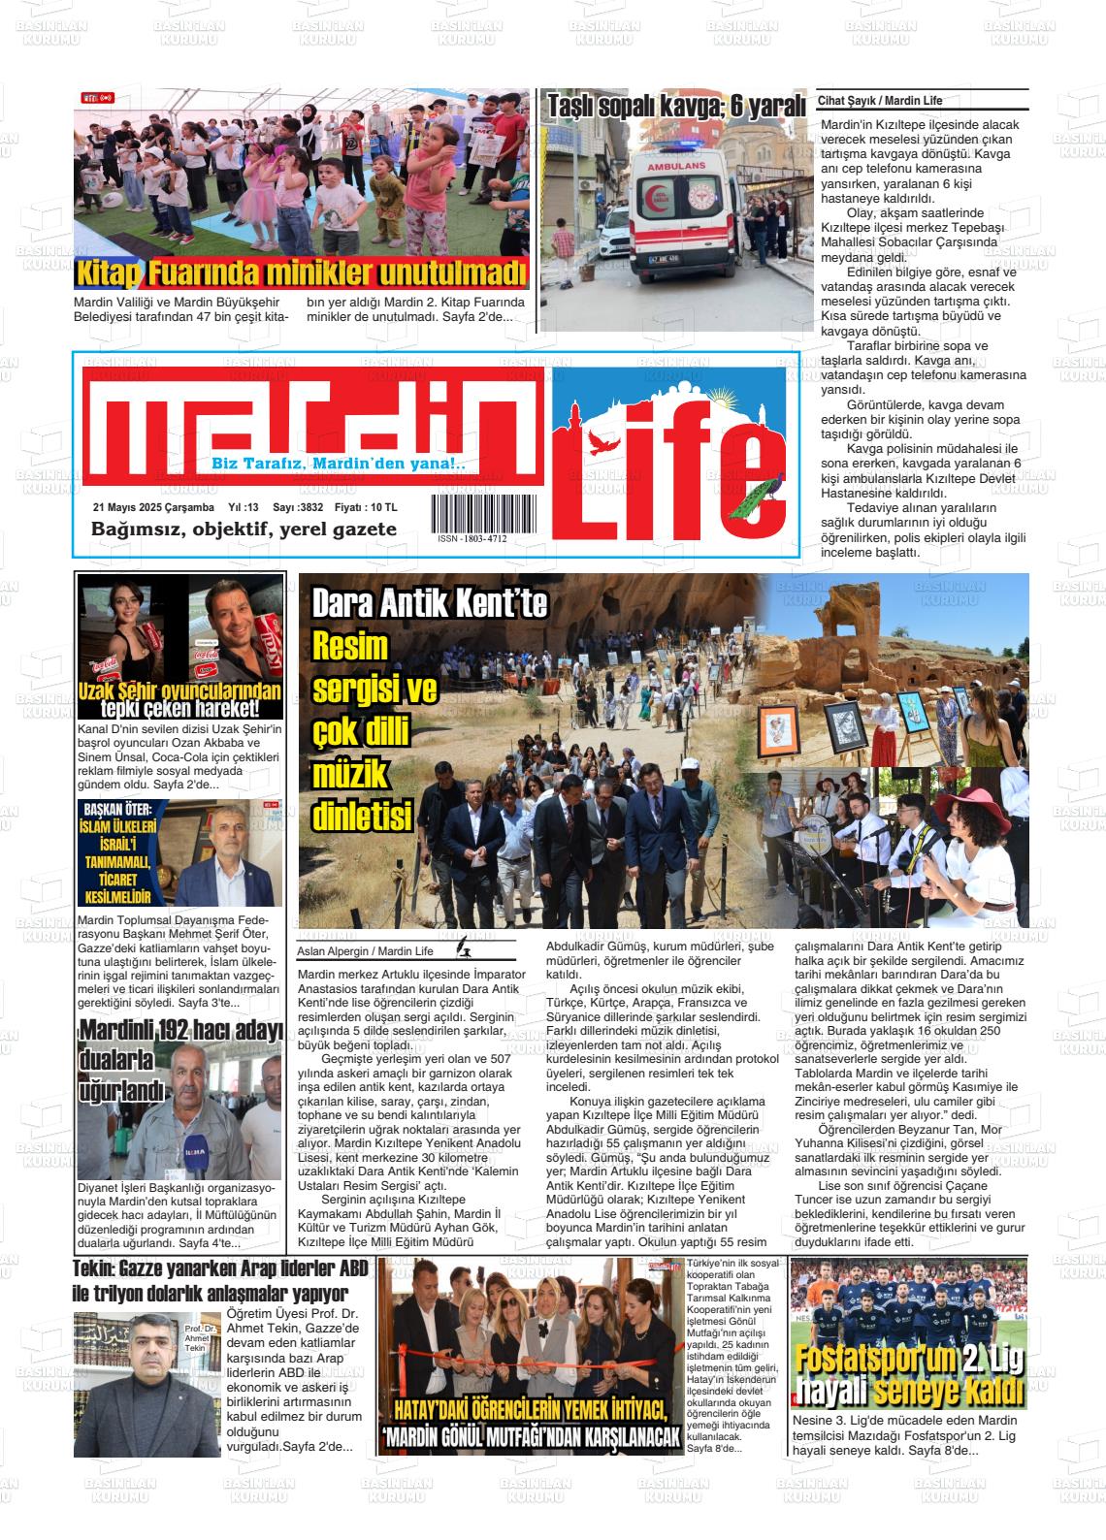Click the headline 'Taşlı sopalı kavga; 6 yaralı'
click(676, 107)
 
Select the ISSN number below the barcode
click(472, 538)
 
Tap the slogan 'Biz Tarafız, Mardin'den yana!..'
click(339, 465)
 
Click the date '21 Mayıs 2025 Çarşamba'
click(153, 507)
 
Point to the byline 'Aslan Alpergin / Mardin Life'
click(365, 950)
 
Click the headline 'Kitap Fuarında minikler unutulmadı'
click(301, 273)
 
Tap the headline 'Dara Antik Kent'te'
click(430, 605)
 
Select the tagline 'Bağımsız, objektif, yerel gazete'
click(244, 529)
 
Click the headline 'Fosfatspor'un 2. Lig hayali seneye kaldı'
click(908, 1376)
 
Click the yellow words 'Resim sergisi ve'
click(374, 667)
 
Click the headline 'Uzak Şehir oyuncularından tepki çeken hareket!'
click(181, 698)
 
